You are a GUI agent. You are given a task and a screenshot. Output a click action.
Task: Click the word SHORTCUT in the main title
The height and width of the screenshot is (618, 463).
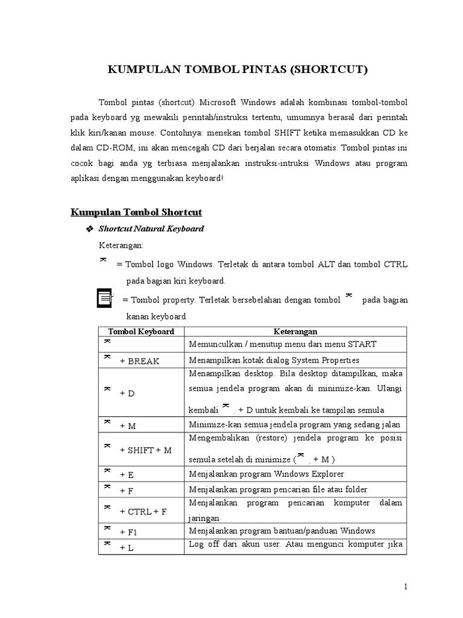coord(329,70)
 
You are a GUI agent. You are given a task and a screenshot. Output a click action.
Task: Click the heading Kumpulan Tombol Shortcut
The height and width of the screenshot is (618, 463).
coord(136,212)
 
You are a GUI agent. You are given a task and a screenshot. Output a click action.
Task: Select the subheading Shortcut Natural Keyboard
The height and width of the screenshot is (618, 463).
coord(151,229)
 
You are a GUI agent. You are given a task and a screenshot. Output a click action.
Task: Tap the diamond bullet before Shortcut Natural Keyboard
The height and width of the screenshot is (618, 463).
coord(90,229)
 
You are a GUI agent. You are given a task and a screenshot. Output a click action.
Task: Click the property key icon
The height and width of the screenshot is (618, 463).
coord(105,298)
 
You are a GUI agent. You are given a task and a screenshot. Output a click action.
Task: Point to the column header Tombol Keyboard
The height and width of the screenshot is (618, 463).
coord(141,331)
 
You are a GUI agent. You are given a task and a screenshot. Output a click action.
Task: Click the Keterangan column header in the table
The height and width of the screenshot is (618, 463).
coord(295,331)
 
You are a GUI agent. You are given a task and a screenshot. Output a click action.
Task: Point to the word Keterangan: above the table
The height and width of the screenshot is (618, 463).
coord(121,246)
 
